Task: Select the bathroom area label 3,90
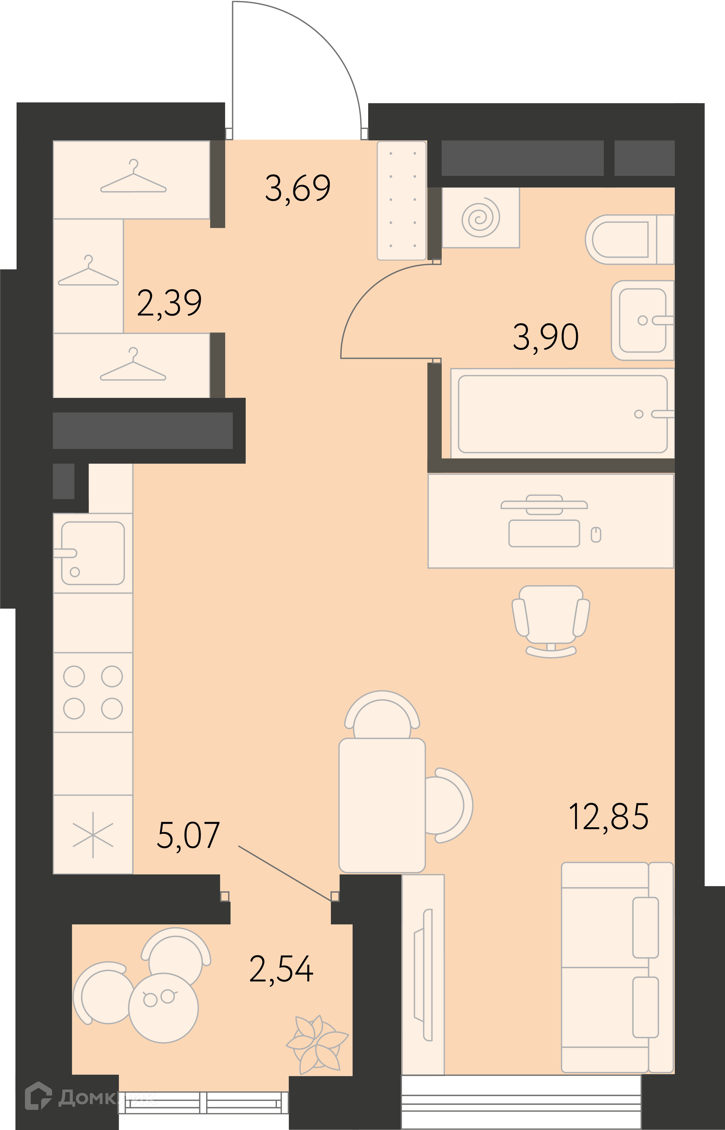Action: point(546,337)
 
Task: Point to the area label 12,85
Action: point(609,816)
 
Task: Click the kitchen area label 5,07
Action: point(188,836)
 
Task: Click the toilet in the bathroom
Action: point(630,239)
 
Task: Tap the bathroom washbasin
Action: point(643,320)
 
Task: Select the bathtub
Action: point(563,413)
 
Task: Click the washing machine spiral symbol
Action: point(480,217)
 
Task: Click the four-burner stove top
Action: point(93,692)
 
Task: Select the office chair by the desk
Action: point(551,621)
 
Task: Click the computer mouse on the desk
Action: point(596,535)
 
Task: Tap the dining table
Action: point(382,805)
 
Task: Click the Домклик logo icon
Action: point(38,1096)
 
